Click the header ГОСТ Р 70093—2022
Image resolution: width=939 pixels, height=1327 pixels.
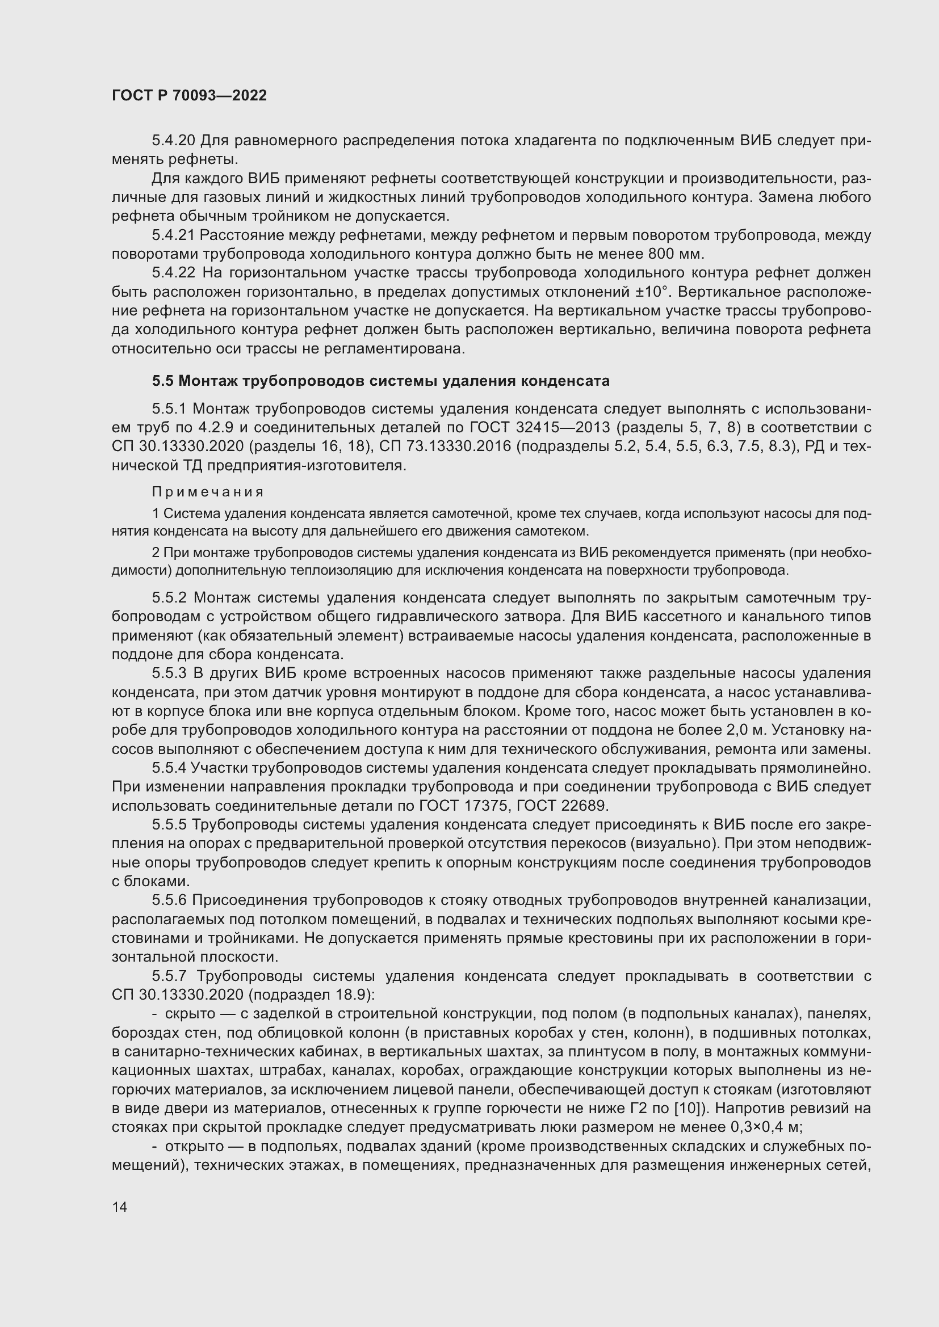189,96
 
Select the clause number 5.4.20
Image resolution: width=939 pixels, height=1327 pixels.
174,141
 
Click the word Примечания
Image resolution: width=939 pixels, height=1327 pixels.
208,492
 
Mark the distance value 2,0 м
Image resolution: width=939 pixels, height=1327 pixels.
746,730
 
